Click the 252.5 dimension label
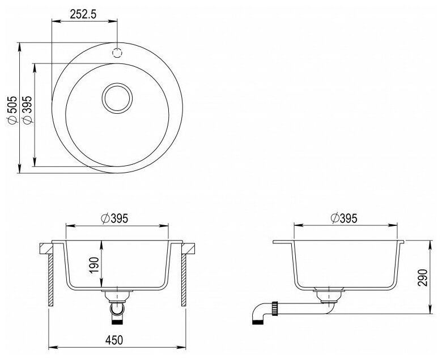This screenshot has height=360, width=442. point(83,14)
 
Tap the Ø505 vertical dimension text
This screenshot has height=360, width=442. point(12,110)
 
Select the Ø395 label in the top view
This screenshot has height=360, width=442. point(28,110)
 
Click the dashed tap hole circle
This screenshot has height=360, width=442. point(117,53)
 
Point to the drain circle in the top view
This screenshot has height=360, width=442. point(117,98)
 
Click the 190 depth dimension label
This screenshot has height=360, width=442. point(94,265)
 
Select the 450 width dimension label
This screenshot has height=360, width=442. point(114,340)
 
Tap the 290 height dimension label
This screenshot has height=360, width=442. point(423,277)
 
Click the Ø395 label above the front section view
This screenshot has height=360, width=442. point(114,218)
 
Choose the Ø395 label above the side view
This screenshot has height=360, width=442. point(344,218)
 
